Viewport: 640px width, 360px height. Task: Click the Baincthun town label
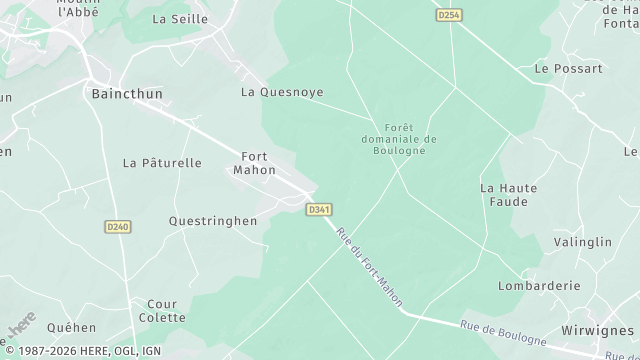coord(126,93)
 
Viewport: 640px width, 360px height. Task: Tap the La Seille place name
coord(180,19)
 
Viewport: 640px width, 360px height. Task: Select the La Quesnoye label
coord(282,92)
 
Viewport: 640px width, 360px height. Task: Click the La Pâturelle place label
coord(162,162)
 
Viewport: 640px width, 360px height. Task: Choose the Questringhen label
coord(213,221)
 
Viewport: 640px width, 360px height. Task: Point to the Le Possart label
coord(568,69)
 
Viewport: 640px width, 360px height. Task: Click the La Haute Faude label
coord(508,194)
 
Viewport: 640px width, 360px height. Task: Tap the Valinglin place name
coord(582,242)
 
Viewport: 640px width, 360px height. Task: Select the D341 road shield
coord(318,209)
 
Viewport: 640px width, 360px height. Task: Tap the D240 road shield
coord(118,227)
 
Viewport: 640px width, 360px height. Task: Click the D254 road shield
coord(449,15)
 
